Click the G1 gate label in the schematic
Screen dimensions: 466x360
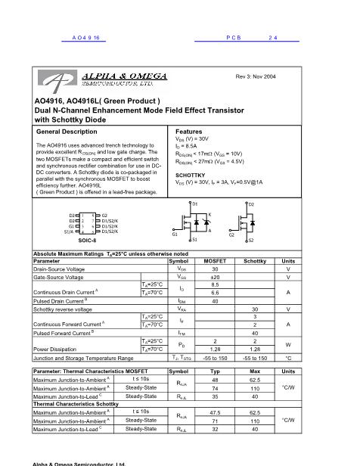coord(175,235)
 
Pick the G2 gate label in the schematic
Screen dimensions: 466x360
coord(233,235)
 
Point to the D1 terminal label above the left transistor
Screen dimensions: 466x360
coord(195,204)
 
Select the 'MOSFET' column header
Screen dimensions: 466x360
coord(215,260)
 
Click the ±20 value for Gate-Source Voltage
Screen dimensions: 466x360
coord(215,276)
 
